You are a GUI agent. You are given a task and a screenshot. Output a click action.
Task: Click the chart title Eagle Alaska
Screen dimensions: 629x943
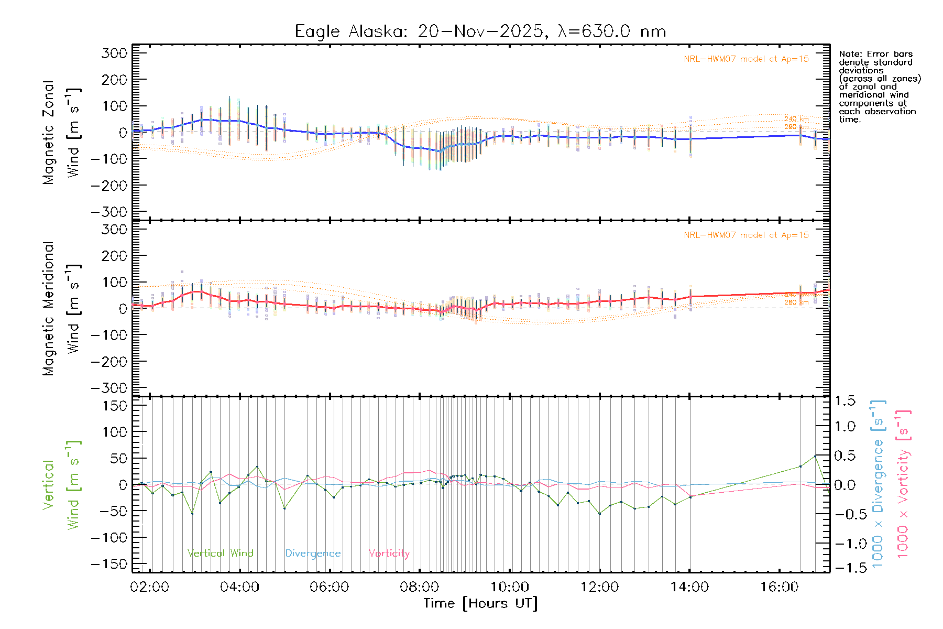coord(350,31)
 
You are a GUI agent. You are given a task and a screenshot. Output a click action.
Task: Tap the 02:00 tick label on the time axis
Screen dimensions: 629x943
coord(150,587)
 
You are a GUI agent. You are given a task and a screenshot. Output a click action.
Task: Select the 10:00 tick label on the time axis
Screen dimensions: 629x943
coord(509,587)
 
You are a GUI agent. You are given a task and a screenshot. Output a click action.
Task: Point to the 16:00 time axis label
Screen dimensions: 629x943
coord(779,587)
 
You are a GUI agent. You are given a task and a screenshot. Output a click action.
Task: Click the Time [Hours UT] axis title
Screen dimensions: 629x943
coord(480,604)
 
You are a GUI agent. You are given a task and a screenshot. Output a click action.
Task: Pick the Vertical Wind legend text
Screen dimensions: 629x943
coord(220,554)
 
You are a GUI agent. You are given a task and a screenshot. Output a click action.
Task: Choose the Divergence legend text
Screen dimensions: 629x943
coord(313,554)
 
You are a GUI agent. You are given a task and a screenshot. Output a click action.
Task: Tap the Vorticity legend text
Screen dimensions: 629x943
coord(389,554)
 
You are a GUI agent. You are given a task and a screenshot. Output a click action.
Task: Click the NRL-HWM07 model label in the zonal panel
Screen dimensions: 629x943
coord(746,59)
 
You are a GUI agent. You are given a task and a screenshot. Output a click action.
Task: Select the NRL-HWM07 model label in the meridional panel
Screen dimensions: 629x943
coord(746,235)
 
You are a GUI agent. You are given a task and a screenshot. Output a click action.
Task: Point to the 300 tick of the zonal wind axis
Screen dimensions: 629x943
coord(114,53)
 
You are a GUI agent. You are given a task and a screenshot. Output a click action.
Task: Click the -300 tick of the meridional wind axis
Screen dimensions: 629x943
coord(109,388)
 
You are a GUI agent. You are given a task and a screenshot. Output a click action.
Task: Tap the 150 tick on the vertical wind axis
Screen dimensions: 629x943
coord(114,406)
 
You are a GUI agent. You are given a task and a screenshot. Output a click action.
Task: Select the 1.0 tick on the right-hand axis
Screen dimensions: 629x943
coord(845,427)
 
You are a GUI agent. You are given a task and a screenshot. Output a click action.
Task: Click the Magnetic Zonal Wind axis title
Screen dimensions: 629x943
coord(62,132)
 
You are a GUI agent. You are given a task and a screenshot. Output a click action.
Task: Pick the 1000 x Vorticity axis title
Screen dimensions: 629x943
coord(903,484)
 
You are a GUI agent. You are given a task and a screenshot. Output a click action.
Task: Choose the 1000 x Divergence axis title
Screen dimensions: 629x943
coord(878,484)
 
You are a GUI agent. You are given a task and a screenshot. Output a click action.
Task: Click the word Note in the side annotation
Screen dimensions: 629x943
coord(849,54)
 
